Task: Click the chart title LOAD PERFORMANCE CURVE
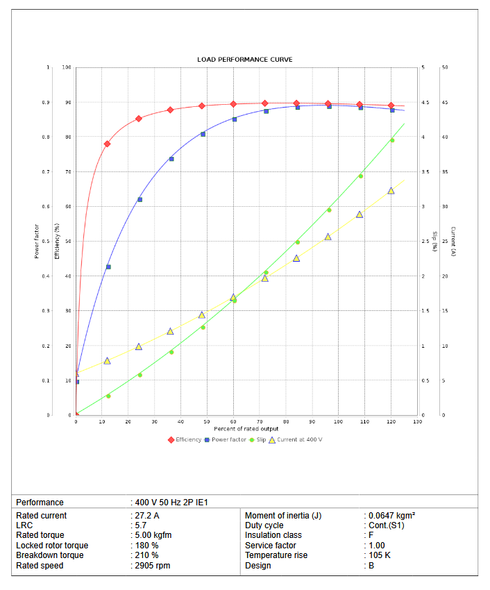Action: [x=245, y=60]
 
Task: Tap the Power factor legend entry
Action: [x=228, y=439]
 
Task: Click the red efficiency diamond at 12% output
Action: [x=107, y=144]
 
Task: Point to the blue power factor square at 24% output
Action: [x=140, y=199]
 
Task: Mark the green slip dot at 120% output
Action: [x=391, y=140]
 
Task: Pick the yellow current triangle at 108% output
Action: [x=360, y=214]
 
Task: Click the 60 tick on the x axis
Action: [x=233, y=421]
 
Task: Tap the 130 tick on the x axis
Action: [x=417, y=421]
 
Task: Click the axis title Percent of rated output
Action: [x=246, y=428]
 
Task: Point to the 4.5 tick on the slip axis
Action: [x=423, y=103]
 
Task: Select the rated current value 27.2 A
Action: [x=148, y=516]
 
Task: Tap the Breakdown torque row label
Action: [x=50, y=555]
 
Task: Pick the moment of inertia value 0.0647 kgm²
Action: [x=391, y=516]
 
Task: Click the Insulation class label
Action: [x=273, y=535]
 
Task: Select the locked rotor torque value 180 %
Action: [x=146, y=546]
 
